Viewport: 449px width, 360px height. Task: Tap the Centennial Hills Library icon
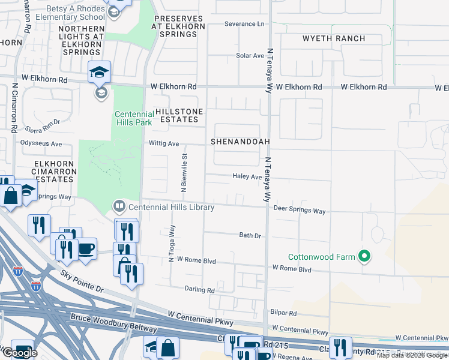(x=119, y=207)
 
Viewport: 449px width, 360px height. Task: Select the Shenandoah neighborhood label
(x=240, y=142)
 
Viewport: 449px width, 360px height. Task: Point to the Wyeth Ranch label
(x=334, y=38)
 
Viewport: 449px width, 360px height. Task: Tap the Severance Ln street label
(x=244, y=24)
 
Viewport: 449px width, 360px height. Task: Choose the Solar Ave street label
(x=250, y=56)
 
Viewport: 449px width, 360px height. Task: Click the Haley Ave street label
(x=247, y=177)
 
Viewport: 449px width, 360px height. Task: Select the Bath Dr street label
(x=250, y=236)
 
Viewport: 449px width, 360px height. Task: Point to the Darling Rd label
(x=199, y=290)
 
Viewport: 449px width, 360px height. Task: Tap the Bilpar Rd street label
(x=284, y=313)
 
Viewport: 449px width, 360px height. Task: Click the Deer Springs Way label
(x=299, y=211)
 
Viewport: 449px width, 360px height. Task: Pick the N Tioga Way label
(x=172, y=244)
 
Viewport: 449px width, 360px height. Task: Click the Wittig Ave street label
(x=164, y=144)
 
